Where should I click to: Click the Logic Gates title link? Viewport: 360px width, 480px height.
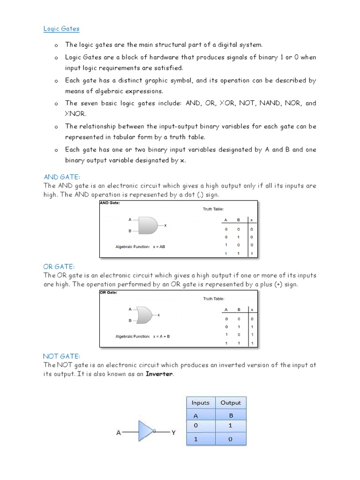tap(61, 29)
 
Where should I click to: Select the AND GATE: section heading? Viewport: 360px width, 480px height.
tap(62, 177)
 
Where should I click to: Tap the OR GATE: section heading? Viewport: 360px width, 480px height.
tap(59, 267)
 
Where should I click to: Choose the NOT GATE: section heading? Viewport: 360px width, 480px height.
tap(62, 356)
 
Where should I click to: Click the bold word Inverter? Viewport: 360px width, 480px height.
tap(159, 374)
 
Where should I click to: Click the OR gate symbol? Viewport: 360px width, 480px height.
tap(143, 315)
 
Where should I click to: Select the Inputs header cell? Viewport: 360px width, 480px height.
tap(201, 403)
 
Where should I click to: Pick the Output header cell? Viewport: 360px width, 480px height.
tap(231, 403)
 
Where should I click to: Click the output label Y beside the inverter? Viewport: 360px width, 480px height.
tap(173, 433)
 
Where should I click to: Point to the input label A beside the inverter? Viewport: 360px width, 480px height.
tap(119, 433)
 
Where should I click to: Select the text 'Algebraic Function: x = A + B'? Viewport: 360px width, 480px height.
tap(142, 336)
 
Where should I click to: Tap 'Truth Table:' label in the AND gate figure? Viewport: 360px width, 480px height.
tap(213, 209)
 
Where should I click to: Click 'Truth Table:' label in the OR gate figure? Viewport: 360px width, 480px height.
tap(213, 299)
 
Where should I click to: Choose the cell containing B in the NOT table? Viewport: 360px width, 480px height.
tap(231, 415)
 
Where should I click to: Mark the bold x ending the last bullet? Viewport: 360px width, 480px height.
tap(183, 160)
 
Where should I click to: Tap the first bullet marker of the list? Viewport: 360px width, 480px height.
tap(55, 45)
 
